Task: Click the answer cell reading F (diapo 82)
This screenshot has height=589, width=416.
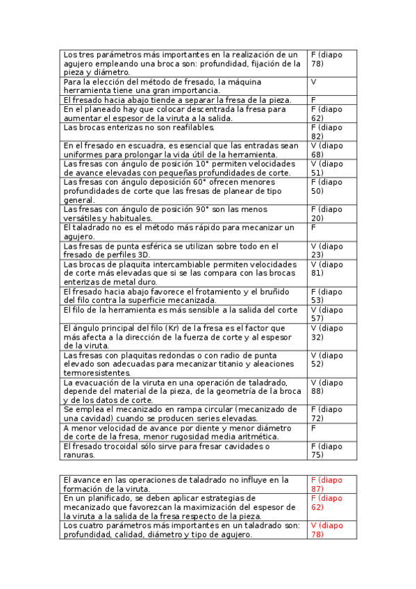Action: click(327, 132)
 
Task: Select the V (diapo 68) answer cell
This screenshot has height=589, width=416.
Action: click(327, 150)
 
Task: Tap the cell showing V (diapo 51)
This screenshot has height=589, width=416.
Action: click(327, 168)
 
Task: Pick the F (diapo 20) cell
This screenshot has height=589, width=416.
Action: click(327, 213)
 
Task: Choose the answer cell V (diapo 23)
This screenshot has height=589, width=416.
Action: click(327, 250)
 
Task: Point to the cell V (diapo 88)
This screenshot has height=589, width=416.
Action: click(327, 387)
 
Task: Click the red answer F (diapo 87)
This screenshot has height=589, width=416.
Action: click(327, 484)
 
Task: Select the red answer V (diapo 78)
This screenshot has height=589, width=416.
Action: click(327, 530)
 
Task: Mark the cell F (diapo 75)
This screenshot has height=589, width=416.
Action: click(327, 450)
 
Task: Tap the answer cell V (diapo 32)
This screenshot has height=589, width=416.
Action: click(327, 332)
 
